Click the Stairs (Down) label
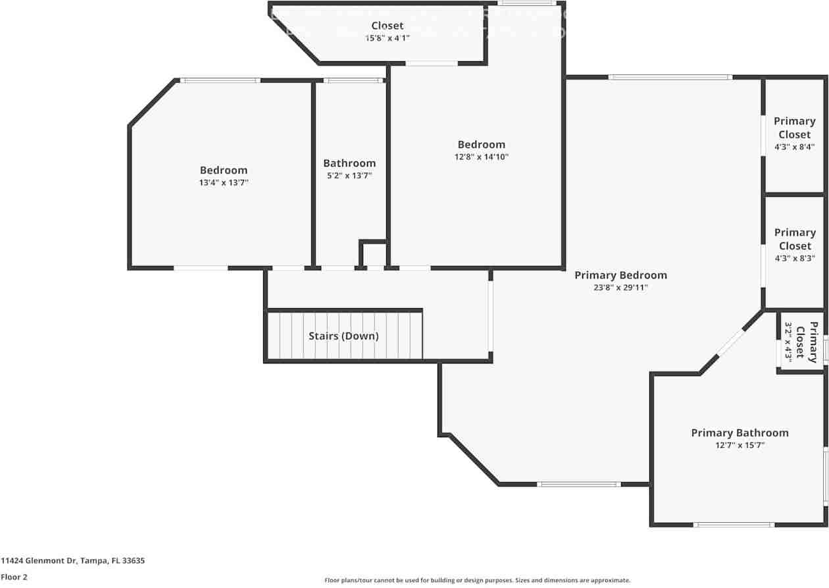click(343, 336)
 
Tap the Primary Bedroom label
click(620, 275)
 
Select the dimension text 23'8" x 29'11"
click(620, 288)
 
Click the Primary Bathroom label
click(740, 433)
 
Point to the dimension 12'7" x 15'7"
click(740, 445)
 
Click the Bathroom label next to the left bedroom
click(349, 163)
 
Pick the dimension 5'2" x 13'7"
click(349, 176)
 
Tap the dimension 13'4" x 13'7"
click(224, 183)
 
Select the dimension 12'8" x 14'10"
click(482, 157)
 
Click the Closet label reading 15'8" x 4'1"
click(387, 26)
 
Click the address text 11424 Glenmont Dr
click(72, 561)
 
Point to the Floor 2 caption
click(14, 577)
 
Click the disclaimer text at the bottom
click(477, 580)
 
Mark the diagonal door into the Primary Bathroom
click(731, 342)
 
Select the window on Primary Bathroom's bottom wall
click(734, 525)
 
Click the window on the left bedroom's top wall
click(220, 80)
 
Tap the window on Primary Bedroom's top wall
click(669, 77)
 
